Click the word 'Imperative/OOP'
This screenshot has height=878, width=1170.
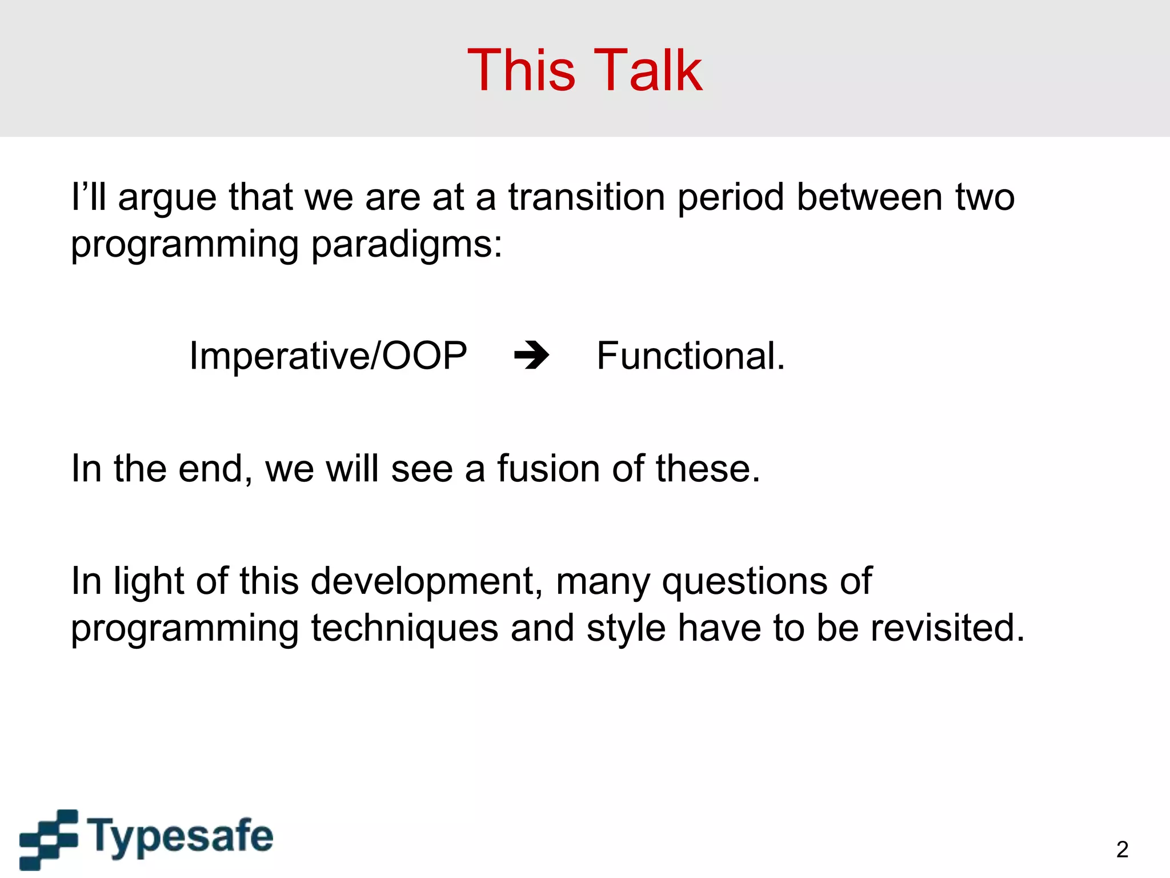[328, 356]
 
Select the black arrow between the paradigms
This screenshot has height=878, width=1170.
[531, 356]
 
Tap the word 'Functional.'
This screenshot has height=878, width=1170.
[691, 356]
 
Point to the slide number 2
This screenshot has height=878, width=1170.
[1121, 849]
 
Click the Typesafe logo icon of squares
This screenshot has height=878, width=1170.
[49, 839]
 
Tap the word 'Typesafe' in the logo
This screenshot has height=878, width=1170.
[181, 837]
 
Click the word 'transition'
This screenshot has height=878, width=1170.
[587, 197]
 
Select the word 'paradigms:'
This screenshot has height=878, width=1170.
[406, 245]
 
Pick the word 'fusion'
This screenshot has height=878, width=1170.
[548, 469]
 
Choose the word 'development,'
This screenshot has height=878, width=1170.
[426, 581]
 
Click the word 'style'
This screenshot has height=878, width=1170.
[626, 629]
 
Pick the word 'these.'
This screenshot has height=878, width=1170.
[708, 469]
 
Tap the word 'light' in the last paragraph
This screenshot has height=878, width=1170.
[149, 582]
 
